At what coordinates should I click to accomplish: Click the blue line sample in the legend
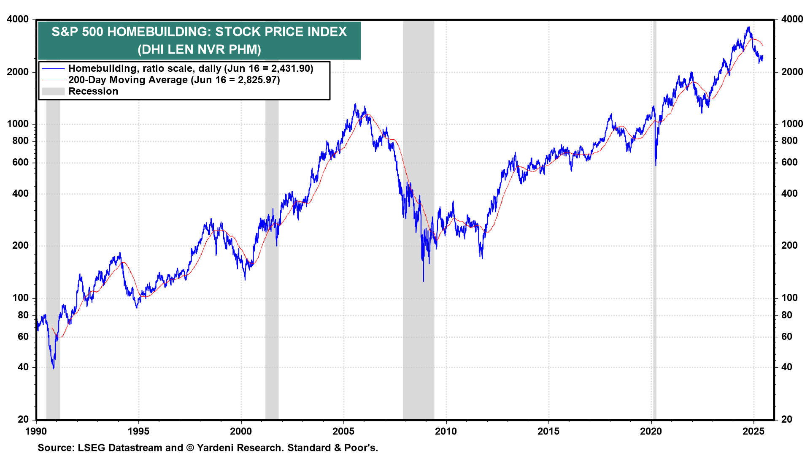click(53, 69)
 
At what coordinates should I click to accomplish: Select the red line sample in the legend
click(53, 80)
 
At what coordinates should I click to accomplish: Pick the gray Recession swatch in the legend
click(53, 92)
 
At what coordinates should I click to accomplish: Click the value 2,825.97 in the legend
click(256, 80)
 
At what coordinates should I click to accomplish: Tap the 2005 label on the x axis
click(343, 432)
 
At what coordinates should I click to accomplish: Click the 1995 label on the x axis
click(138, 432)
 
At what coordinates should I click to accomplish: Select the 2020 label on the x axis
click(651, 432)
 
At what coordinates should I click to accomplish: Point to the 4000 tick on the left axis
click(18, 19)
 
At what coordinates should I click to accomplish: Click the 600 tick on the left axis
click(21, 163)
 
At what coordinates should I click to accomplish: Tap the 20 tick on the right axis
click(786, 420)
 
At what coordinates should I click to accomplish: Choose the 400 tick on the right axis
click(789, 194)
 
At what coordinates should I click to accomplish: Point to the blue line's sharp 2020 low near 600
click(656, 165)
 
